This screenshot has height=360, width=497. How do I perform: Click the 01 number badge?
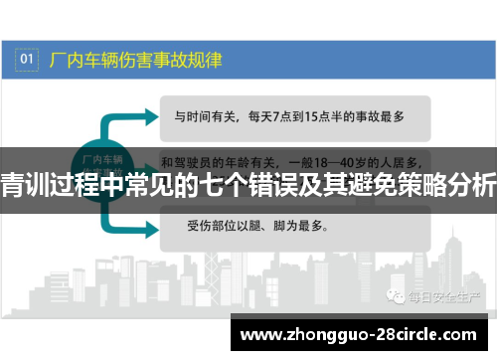(x=28, y=60)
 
